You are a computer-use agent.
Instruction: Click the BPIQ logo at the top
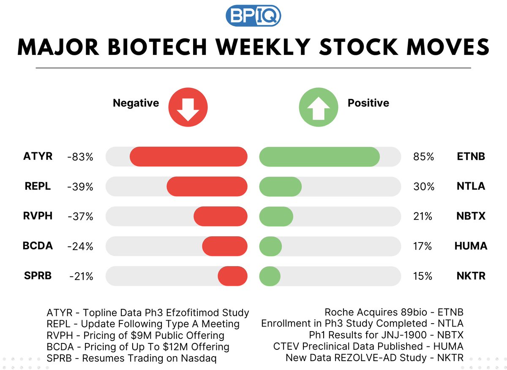253,16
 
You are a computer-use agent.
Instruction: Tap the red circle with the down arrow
188,107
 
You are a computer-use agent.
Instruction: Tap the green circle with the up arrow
318,107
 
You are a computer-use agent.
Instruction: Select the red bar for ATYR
188,157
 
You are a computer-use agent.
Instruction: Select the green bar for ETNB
319,157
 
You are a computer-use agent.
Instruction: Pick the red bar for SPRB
232,276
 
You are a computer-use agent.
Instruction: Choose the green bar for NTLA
280,186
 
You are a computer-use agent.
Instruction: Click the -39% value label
80,187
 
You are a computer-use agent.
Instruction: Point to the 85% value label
423,157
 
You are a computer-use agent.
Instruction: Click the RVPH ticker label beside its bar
38,216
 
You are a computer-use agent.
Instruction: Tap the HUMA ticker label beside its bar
471,246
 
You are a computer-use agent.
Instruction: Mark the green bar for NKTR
270,276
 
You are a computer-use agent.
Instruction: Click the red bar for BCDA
224,246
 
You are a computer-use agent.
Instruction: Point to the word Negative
136,103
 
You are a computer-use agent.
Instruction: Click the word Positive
368,103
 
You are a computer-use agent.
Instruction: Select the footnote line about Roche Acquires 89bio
394,313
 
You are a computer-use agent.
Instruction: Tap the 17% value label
422,246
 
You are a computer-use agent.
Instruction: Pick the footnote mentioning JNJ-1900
386,335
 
